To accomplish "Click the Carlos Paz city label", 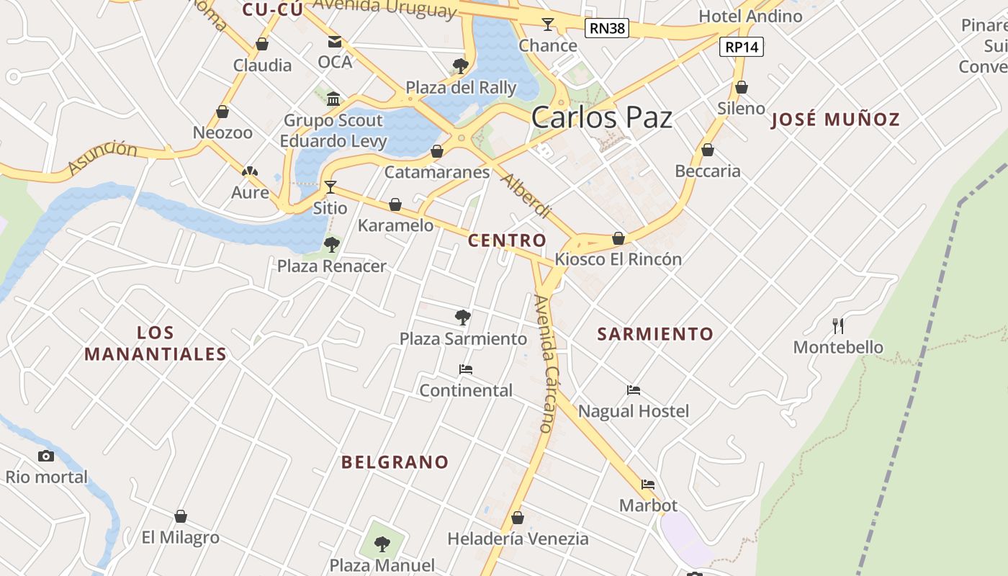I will (602, 118).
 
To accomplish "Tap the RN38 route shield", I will (606, 29).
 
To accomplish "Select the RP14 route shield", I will (741, 48).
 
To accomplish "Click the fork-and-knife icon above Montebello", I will (838, 326).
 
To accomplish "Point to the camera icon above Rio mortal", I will (46, 456).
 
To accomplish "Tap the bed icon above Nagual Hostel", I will (634, 390).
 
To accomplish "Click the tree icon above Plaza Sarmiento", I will (463, 317).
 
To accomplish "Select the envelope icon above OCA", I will (335, 42).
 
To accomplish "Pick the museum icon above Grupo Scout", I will (333, 99).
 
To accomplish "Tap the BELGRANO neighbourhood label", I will (395, 462).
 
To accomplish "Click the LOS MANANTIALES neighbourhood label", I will (156, 343).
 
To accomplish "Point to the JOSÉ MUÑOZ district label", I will (835, 120).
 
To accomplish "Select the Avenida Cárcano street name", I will (546, 364).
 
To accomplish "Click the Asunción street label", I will (103, 157).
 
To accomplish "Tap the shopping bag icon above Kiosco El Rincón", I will (618, 238).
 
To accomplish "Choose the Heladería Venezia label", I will (518, 539).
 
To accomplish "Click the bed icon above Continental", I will (466, 369).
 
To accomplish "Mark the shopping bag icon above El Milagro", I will (181, 517).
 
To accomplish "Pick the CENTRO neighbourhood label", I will (507, 240).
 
